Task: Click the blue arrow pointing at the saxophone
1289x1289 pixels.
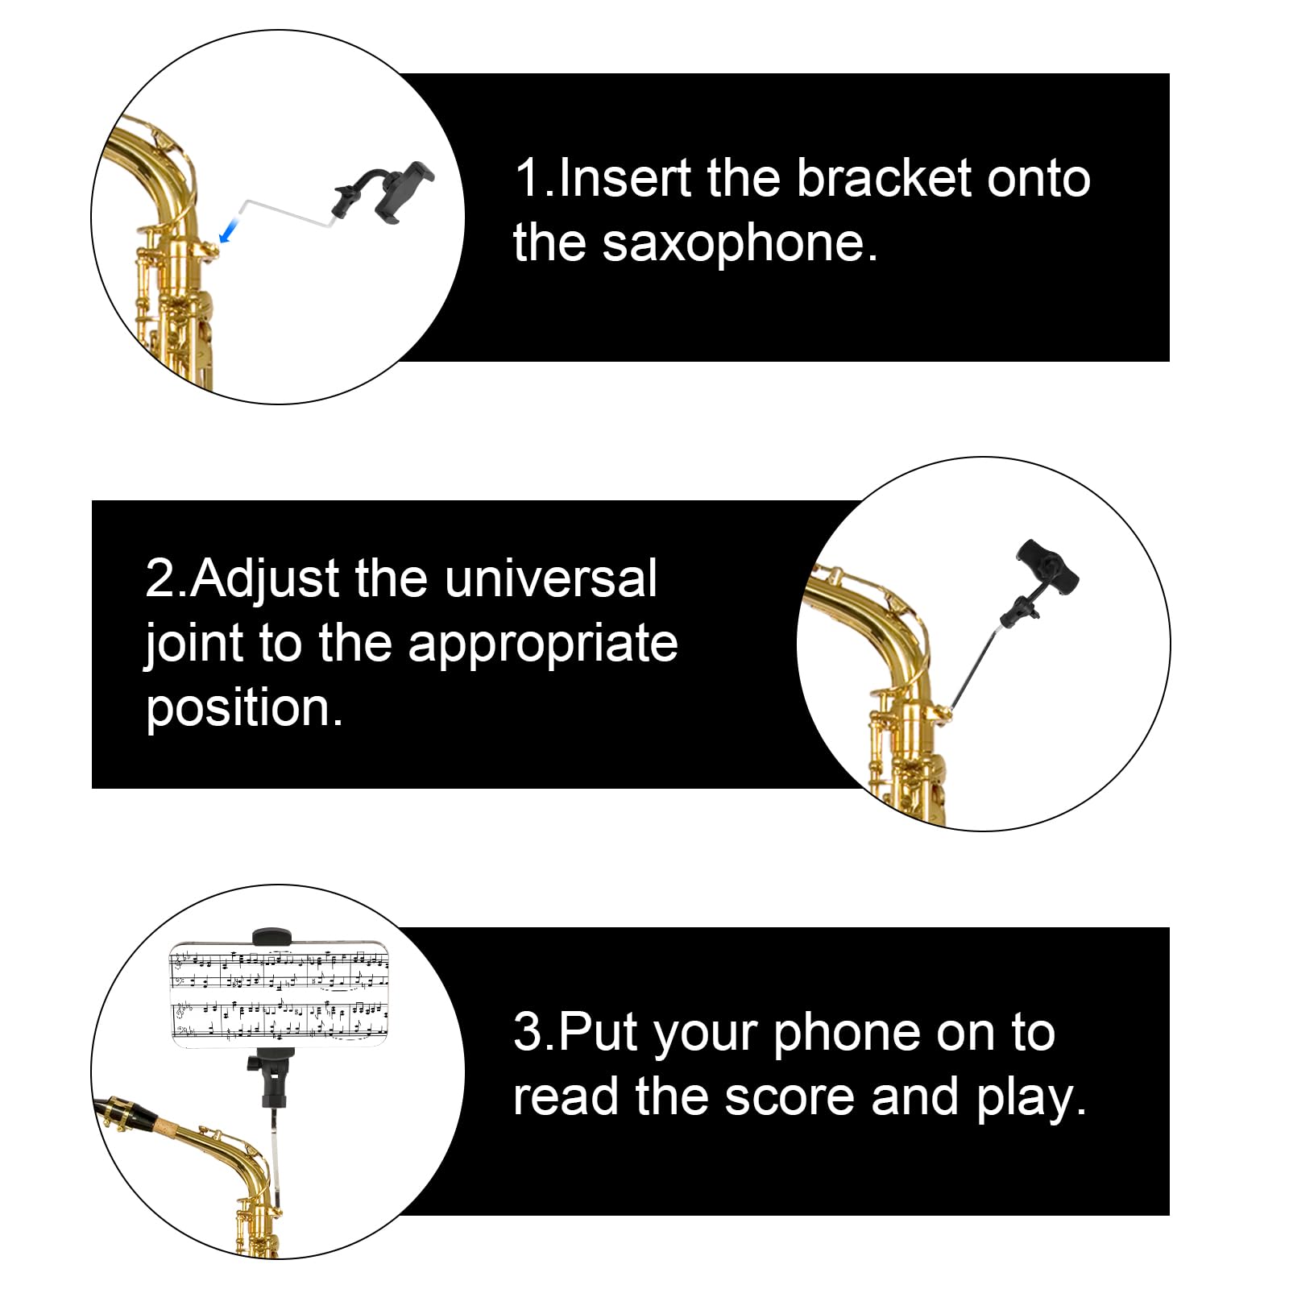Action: [x=230, y=231]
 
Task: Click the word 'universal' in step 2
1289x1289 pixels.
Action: [x=550, y=578]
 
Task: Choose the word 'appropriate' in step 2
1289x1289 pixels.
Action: [x=542, y=644]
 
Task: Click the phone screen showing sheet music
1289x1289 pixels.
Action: [x=280, y=996]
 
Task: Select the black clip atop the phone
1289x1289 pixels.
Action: [x=271, y=936]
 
